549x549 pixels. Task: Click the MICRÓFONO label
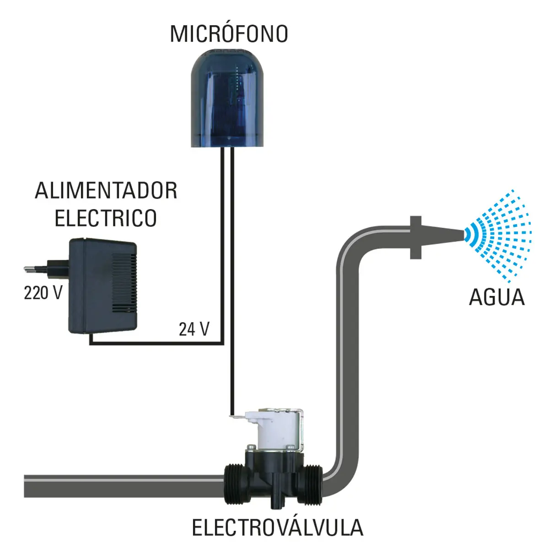coord(229,33)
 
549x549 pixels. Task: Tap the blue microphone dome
coord(227,98)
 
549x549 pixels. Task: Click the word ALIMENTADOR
coord(106,191)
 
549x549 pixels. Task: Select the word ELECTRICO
coord(105,218)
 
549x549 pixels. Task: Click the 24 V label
coord(194,329)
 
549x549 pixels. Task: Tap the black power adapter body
coord(102,286)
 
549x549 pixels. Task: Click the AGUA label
coord(496,297)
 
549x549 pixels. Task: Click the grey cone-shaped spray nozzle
coord(442,237)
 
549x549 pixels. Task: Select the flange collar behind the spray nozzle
coord(416,237)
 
